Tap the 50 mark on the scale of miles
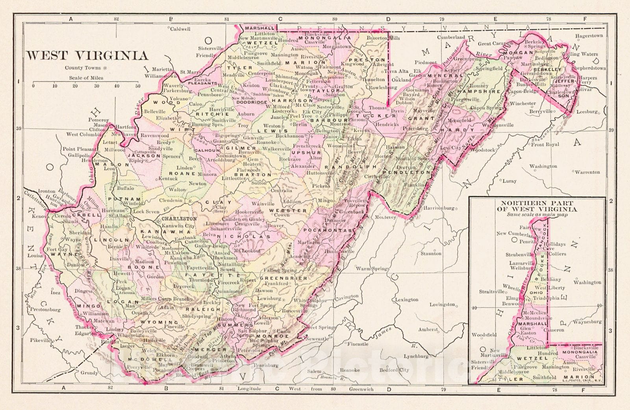[137, 86]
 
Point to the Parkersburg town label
[177, 90]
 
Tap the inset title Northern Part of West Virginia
[537, 207]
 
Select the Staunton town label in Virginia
[431, 254]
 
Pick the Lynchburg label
[416, 356]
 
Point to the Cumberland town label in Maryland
[452, 37]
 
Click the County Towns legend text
[83, 68]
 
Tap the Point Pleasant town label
[79, 149]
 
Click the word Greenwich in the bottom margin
[361, 389]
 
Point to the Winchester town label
[523, 103]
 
